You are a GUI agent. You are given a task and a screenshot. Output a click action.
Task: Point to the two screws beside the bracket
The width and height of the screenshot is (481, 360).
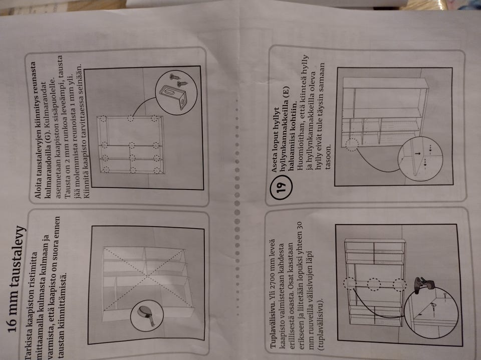178,78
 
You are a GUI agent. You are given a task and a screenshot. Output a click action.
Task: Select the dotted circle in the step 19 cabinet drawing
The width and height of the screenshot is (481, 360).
352,144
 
